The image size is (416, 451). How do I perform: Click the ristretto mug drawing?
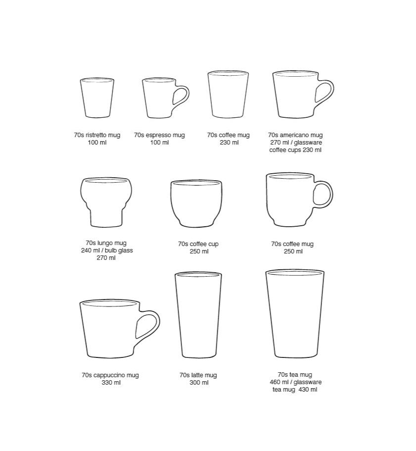point(97,98)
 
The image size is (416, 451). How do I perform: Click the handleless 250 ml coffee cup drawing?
point(196,203)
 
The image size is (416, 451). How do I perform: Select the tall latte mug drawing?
point(198,315)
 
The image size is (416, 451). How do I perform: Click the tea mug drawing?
point(295,313)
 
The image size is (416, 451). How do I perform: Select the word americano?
point(295,135)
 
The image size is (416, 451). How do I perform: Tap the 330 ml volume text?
point(111,383)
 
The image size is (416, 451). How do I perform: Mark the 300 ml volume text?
point(199,383)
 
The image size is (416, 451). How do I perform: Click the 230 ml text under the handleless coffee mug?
point(229,143)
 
